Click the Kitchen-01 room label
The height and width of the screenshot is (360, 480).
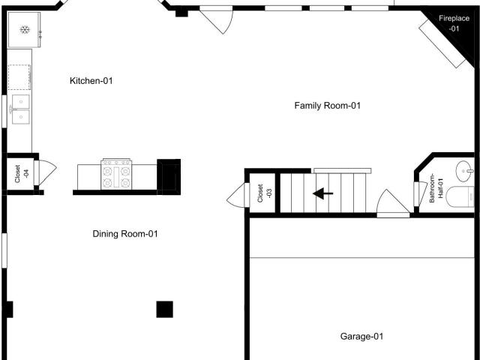pyautogui.click(x=91, y=81)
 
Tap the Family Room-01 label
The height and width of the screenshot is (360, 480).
pyautogui.click(x=327, y=106)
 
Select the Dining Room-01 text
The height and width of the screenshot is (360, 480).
pyautogui.click(x=125, y=234)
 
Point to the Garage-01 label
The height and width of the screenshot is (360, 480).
pyautogui.click(x=361, y=337)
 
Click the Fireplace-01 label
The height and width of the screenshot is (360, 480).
pyautogui.click(x=454, y=23)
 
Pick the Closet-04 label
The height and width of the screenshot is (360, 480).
pyautogui.click(x=22, y=174)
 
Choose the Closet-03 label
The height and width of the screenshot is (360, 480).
pyautogui.click(x=265, y=193)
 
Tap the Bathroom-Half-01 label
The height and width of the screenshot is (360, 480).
pyautogui.click(x=436, y=188)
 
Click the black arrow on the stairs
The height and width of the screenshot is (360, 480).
pyautogui.click(x=323, y=193)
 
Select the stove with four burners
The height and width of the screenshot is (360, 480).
pyautogui.click(x=116, y=174)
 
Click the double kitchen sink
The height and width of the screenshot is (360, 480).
pyautogui.click(x=20, y=109)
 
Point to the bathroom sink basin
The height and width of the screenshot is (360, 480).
pyautogui.click(x=465, y=171)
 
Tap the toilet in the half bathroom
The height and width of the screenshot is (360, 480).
pyautogui.click(x=460, y=197)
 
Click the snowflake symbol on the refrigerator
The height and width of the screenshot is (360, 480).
pyautogui.click(x=25, y=30)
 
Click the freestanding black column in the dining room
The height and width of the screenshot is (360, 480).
pyautogui.click(x=165, y=309)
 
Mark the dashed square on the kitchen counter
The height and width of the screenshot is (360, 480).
pyautogui.click(x=19, y=76)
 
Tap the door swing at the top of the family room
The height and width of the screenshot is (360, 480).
pyautogui.click(x=217, y=20)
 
